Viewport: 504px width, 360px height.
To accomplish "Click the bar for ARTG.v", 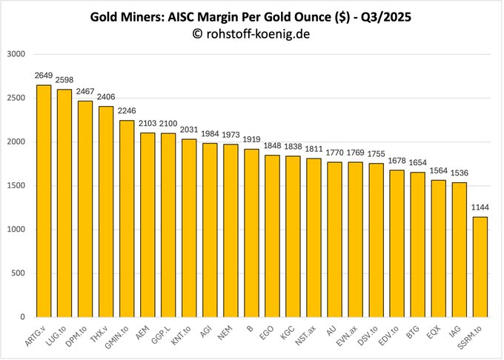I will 44,201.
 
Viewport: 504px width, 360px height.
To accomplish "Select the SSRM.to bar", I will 480,267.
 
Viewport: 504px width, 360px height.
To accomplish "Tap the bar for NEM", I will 231,230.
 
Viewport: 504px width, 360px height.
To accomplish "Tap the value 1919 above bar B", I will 251,139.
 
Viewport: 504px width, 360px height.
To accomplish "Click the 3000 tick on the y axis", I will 16,54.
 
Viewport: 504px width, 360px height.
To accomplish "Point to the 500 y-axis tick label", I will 19,273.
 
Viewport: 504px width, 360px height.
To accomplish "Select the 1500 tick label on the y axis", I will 16,186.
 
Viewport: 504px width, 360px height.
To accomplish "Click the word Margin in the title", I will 227,16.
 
